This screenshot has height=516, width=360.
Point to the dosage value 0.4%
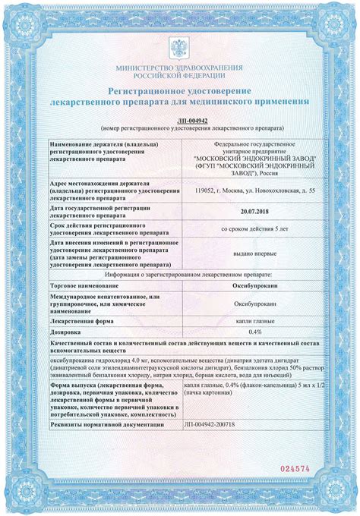point(234,332)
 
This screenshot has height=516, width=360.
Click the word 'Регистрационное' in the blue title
point(150,89)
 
